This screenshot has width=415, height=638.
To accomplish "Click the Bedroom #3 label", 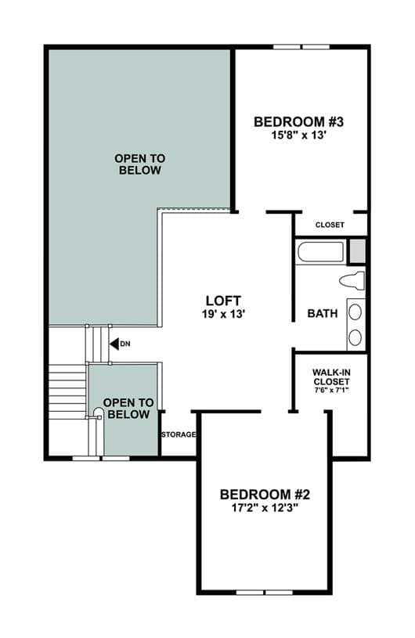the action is pyautogui.click(x=298, y=121).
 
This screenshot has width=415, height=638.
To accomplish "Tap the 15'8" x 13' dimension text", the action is pyautogui.click(x=299, y=135).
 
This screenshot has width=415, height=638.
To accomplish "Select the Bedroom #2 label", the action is pyautogui.click(x=265, y=495).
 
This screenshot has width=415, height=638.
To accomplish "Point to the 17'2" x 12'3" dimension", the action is pyautogui.click(x=265, y=508).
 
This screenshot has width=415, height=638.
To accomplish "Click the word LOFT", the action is pyautogui.click(x=223, y=301).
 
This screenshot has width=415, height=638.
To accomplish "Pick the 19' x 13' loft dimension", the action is pyautogui.click(x=223, y=314).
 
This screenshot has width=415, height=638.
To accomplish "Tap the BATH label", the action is pyautogui.click(x=323, y=313).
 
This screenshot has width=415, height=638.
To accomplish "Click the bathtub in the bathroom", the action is pyautogui.click(x=320, y=253).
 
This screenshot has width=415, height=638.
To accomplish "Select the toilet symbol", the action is pyautogui.click(x=352, y=281).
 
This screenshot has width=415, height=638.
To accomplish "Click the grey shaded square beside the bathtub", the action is pyautogui.click(x=358, y=251).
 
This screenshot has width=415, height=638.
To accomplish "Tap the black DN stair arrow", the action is pyautogui.click(x=114, y=344).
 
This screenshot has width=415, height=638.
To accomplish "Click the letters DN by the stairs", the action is pyautogui.click(x=125, y=344).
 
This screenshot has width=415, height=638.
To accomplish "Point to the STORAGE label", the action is pyautogui.click(x=179, y=434).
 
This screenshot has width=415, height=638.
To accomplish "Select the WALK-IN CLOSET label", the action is pyautogui.click(x=331, y=377).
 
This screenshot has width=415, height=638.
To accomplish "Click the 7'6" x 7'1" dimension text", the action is pyautogui.click(x=331, y=390).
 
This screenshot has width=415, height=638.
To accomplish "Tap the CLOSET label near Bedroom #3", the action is pyautogui.click(x=330, y=225).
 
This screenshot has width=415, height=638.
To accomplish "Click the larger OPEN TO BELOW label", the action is pyautogui.click(x=140, y=164).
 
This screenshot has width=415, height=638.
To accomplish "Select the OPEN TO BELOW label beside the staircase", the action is pyautogui.click(x=128, y=409).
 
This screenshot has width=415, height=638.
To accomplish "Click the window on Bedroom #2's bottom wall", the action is pyautogui.click(x=265, y=593).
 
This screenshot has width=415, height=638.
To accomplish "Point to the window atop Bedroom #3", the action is pyautogui.click(x=301, y=47).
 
